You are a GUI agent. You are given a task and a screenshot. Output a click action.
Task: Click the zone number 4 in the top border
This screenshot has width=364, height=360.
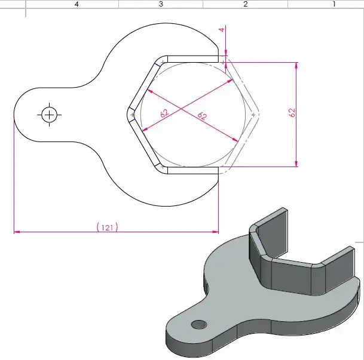pyautogui.click(x=77, y=4)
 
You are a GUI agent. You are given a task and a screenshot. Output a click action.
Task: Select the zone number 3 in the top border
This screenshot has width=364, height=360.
pyautogui.click(x=161, y=4)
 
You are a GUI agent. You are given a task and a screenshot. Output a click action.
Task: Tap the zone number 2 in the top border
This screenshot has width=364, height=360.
pyautogui.click(x=245, y=4)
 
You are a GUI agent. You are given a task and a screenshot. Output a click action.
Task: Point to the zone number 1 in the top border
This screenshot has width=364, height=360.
pyautogui.click(x=334, y=4)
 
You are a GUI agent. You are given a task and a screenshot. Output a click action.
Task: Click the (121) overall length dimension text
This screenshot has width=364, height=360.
pyautogui.click(x=107, y=227)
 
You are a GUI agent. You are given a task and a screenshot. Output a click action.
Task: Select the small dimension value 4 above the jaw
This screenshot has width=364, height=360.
pyautogui.click(x=221, y=29)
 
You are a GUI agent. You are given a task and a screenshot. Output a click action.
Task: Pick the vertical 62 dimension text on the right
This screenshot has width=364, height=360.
pyautogui.click(x=292, y=112)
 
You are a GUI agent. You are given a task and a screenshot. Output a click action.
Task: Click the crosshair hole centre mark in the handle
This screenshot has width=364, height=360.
pyautogui.click(x=48, y=113)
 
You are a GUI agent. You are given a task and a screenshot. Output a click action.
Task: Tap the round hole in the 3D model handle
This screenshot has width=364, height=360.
pyautogui.click(x=198, y=324)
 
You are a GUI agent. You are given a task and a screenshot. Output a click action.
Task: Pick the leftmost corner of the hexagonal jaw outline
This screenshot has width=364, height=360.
pyautogui.click(x=127, y=113)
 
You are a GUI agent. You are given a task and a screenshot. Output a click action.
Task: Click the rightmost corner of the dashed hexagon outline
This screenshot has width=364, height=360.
pyautogui.click(x=260, y=113)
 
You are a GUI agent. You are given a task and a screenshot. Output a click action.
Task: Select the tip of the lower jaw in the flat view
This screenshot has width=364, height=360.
pyautogui.click(x=218, y=171)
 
